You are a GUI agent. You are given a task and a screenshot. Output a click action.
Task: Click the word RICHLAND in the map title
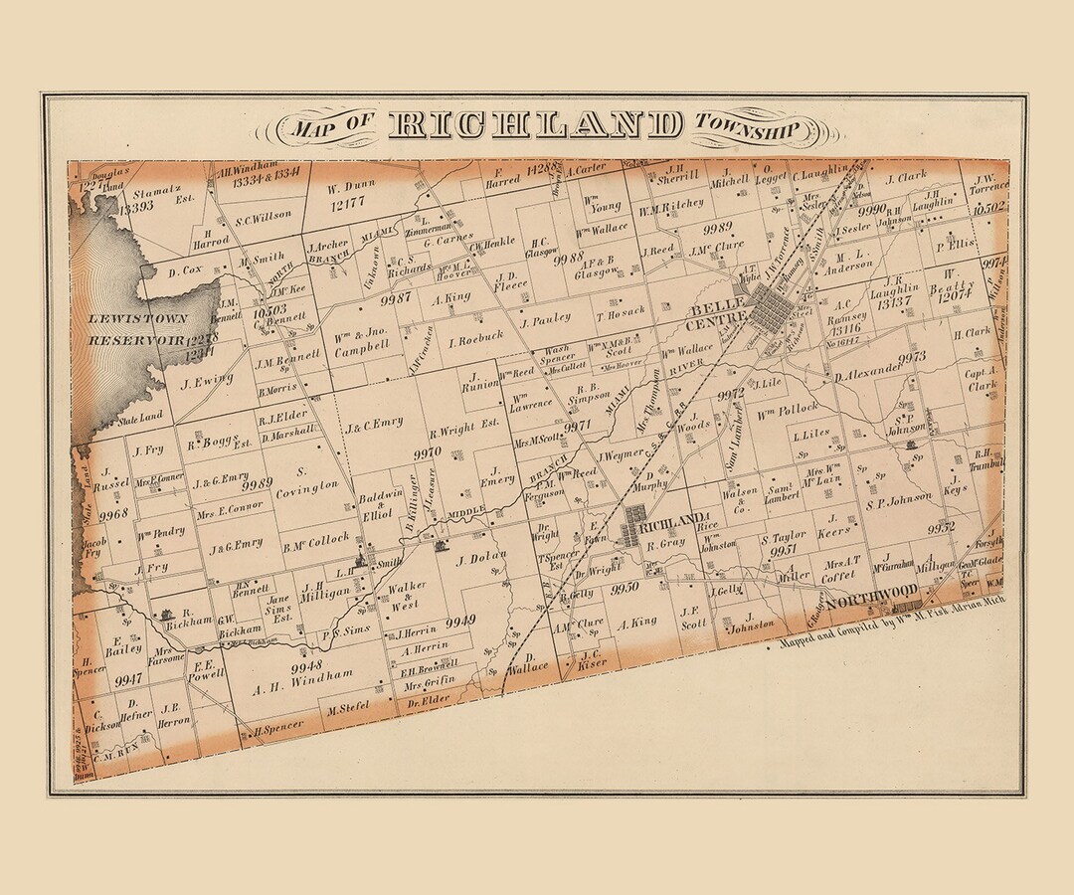coord(537,125)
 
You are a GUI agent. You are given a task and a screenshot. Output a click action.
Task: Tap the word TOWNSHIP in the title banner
coord(748,126)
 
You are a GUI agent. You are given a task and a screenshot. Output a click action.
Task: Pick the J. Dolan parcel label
coord(481,558)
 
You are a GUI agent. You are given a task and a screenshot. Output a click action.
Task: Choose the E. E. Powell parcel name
coord(209,668)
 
